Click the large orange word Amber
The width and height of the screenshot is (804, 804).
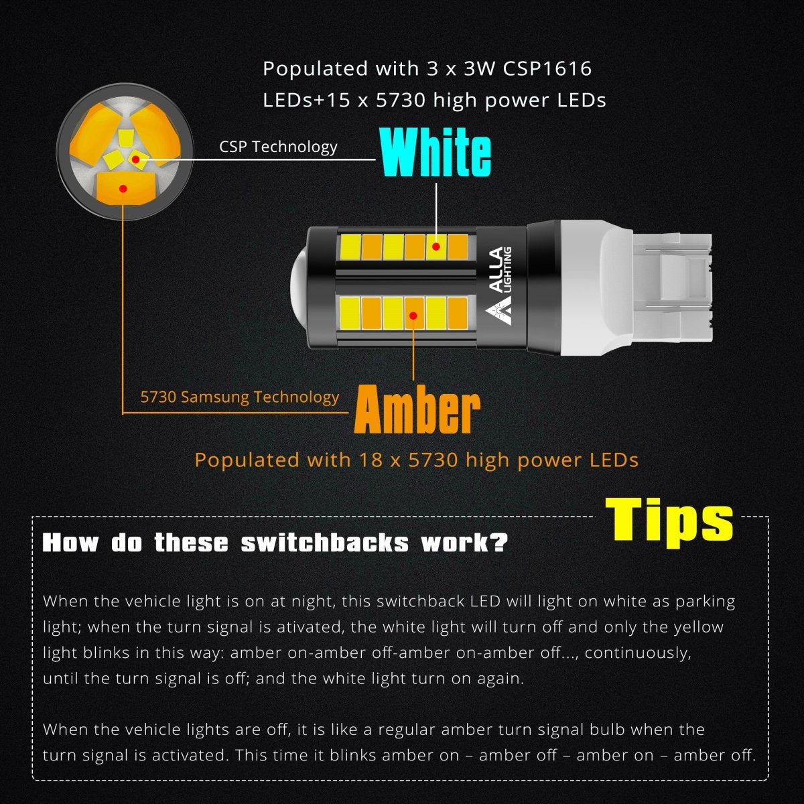tap(417, 409)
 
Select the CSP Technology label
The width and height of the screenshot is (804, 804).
tap(278, 147)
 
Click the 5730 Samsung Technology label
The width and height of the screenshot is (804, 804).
tap(239, 397)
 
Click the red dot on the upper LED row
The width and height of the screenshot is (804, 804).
tap(436, 247)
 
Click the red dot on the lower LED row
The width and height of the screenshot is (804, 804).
tap(414, 315)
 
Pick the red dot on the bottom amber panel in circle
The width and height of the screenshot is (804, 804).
tap(123, 188)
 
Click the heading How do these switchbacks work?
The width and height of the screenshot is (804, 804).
tap(275, 543)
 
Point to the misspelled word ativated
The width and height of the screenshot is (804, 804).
tap(312, 627)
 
